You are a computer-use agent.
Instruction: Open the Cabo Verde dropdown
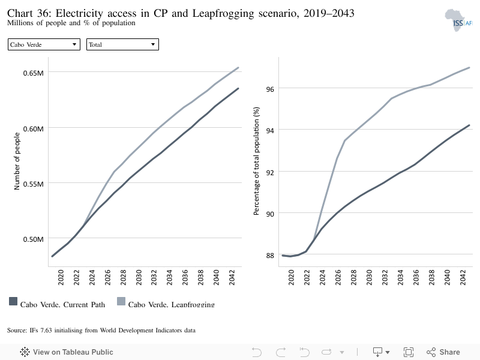click(x=44, y=44)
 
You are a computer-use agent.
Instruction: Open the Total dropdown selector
click(x=122, y=44)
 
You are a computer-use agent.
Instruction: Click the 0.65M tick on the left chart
click(x=34, y=73)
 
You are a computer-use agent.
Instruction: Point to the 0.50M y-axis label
click(x=34, y=239)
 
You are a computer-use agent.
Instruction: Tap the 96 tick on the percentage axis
click(x=270, y=89)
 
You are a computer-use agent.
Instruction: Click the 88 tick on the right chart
click(x=270, y=256)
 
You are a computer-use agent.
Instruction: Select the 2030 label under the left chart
click(x=139, y=277)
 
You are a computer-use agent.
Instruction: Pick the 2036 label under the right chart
click(x=416, y=277)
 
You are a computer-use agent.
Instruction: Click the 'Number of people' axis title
click(x=17, y=161)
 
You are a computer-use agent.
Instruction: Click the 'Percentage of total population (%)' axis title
click(x=256, y=161)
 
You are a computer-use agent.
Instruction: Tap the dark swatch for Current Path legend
click(x=13, y=301)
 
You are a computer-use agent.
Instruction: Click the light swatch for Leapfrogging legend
click(x=121, y=301)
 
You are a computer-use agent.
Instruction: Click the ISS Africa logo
click(x=458, y=20)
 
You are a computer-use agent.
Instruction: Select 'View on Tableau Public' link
click(x=67, y=352)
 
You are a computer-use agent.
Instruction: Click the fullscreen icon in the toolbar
click(x=409, y=352)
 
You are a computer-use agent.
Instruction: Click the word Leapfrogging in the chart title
click(x=223, y=13)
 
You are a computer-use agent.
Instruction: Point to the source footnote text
click(x=101, y=331)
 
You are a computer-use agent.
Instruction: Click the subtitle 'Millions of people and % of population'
click(x=71, y=23)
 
